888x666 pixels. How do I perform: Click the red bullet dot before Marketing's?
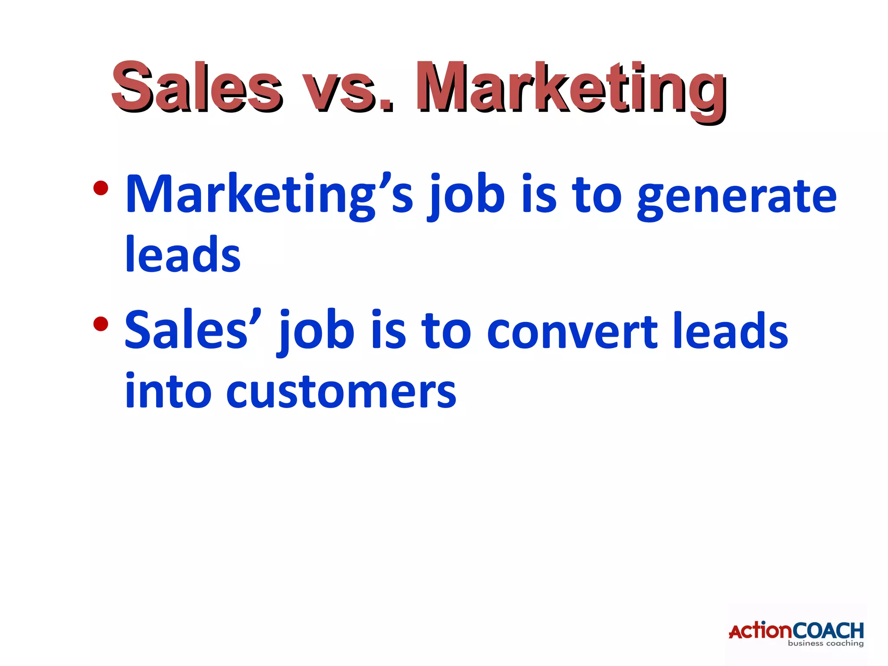click(100, 188)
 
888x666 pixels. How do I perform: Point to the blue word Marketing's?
click(269, 195)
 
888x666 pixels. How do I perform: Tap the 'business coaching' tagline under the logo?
click(826, 643)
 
